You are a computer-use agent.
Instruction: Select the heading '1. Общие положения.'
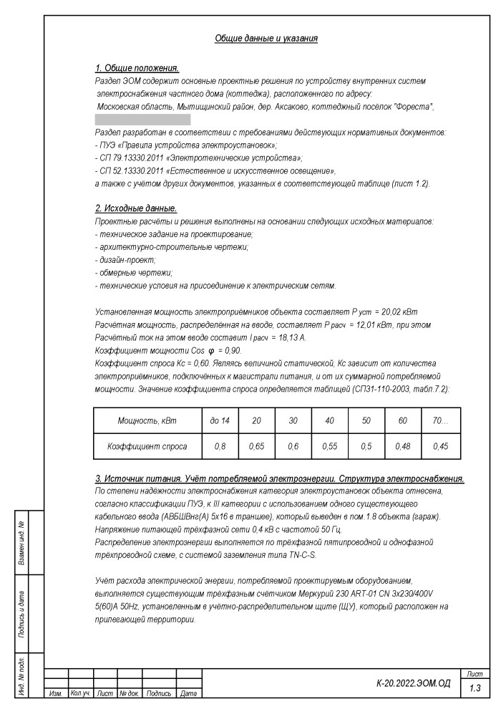pos(137,68)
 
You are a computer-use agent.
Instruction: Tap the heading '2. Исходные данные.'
pos(135,208)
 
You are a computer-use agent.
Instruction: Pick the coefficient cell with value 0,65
pos(256,446)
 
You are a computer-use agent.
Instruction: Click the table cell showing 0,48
pos(404,446)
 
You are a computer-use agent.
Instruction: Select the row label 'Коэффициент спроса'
pos(147,446)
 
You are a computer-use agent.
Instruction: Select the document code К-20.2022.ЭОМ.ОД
pos(413,684)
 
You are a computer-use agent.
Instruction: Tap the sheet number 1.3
pos(475,688)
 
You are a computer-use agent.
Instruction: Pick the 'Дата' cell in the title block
pos(189,694)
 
